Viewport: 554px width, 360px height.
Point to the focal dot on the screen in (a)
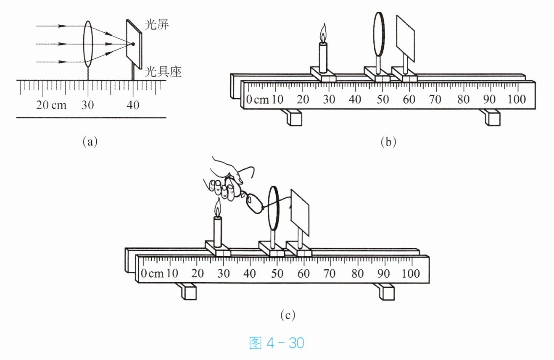pyautogui.click(x=133, y=44)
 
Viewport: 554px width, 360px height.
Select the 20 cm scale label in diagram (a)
pyautogui.click(x=51, y=105)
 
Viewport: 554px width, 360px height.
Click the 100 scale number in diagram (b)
pyautogui.click(x=516, y=99)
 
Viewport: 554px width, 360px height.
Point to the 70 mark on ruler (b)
pyautogui.click(x=435, y=99)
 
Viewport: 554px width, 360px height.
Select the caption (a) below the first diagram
pyautogui.click(x=90, y=142)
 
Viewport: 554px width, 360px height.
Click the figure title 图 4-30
pyautogui.click(x=277, y=343)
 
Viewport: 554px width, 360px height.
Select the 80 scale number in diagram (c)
pyautogui.click(x=358, y=273)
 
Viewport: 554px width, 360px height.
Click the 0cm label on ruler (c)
pyautogui.click(x=152, y=273)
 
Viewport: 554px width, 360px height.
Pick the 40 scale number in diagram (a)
pyautogui.click(x=133, y=105)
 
